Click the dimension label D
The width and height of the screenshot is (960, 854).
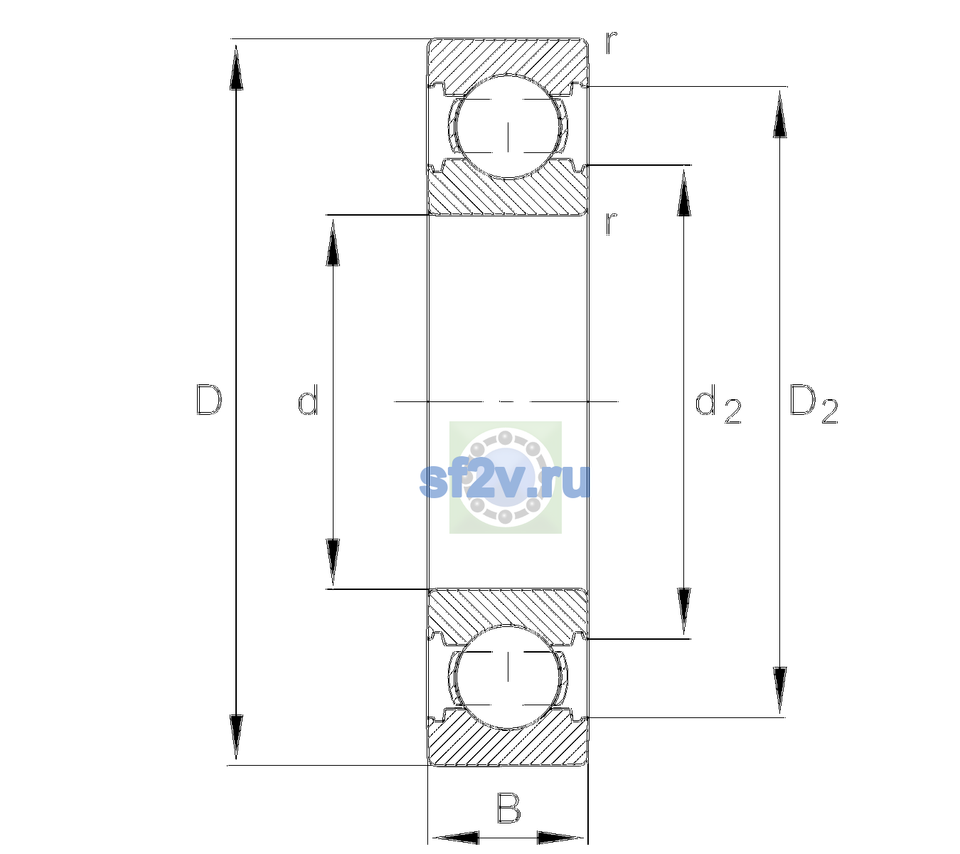[209, 400]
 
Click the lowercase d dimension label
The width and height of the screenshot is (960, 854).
[308, 399]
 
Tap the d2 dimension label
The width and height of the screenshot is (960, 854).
[718, 404]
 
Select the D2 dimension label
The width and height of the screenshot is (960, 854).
[814, 404]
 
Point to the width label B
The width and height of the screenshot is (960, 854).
[508, 808]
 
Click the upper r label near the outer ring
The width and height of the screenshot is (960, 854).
[612, 43]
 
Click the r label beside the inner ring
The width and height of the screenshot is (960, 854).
[612, 223]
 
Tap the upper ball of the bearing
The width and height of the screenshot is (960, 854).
[508, 127]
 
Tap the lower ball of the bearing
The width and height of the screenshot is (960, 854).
[508, 677]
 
